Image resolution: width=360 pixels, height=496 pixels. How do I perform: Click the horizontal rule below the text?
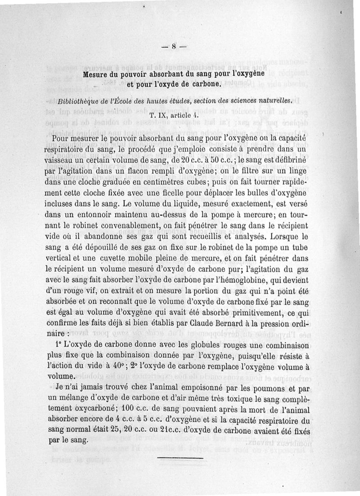[174, 458]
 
